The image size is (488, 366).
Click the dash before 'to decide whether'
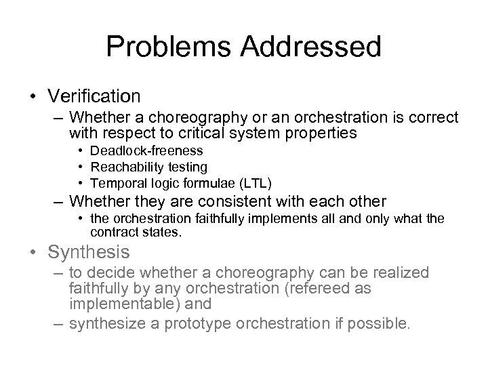pyautogui.click(x=59, y=273)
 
